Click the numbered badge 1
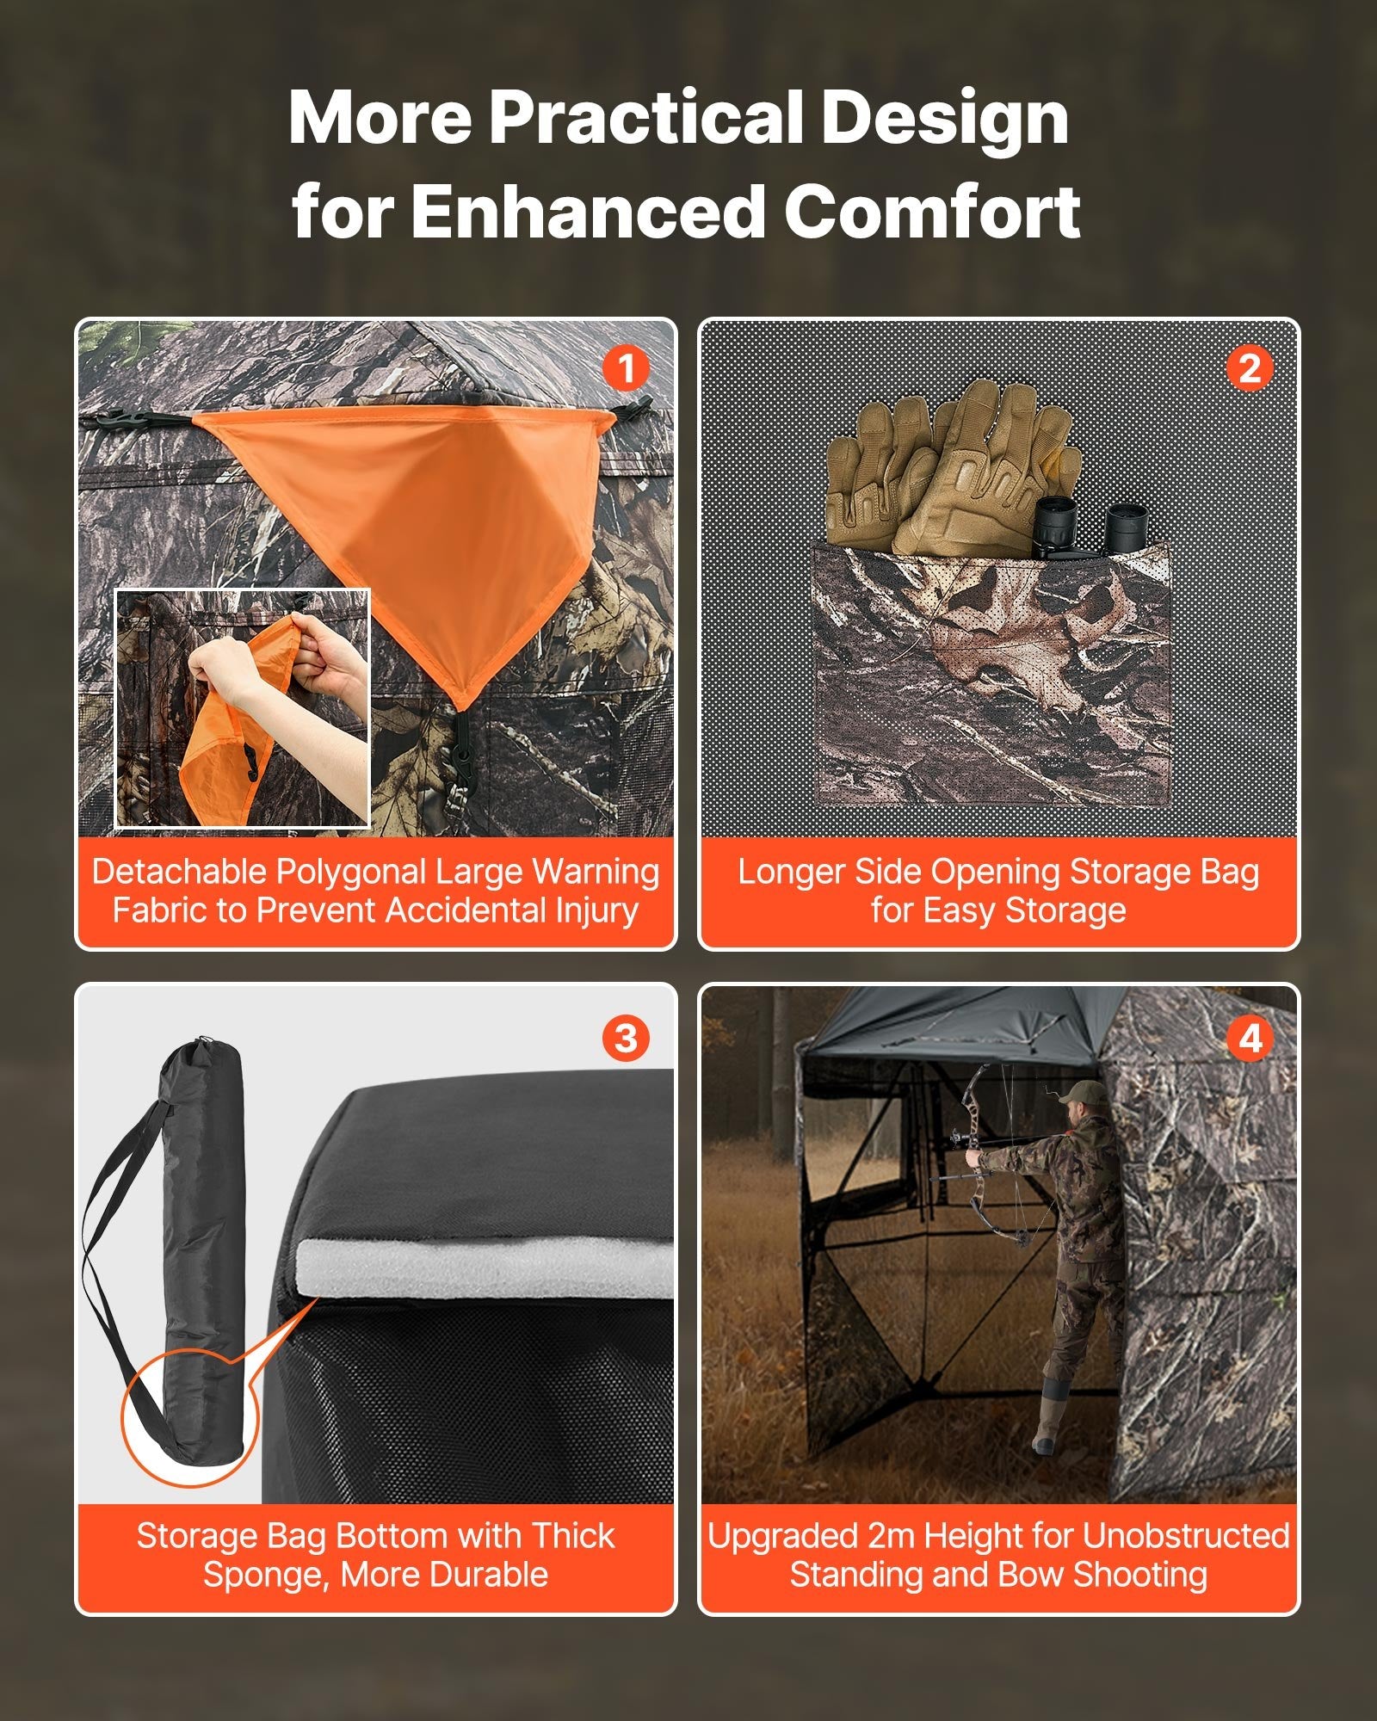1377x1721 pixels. pos(626,369)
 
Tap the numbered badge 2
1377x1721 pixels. pos(1250,369)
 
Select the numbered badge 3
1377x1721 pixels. pos(626,1038)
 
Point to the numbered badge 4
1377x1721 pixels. pos(1250,1038)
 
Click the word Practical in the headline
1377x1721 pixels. pos(645,118)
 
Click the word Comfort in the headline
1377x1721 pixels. pos(932,212)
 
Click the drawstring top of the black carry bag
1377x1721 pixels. pos(196,1052)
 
